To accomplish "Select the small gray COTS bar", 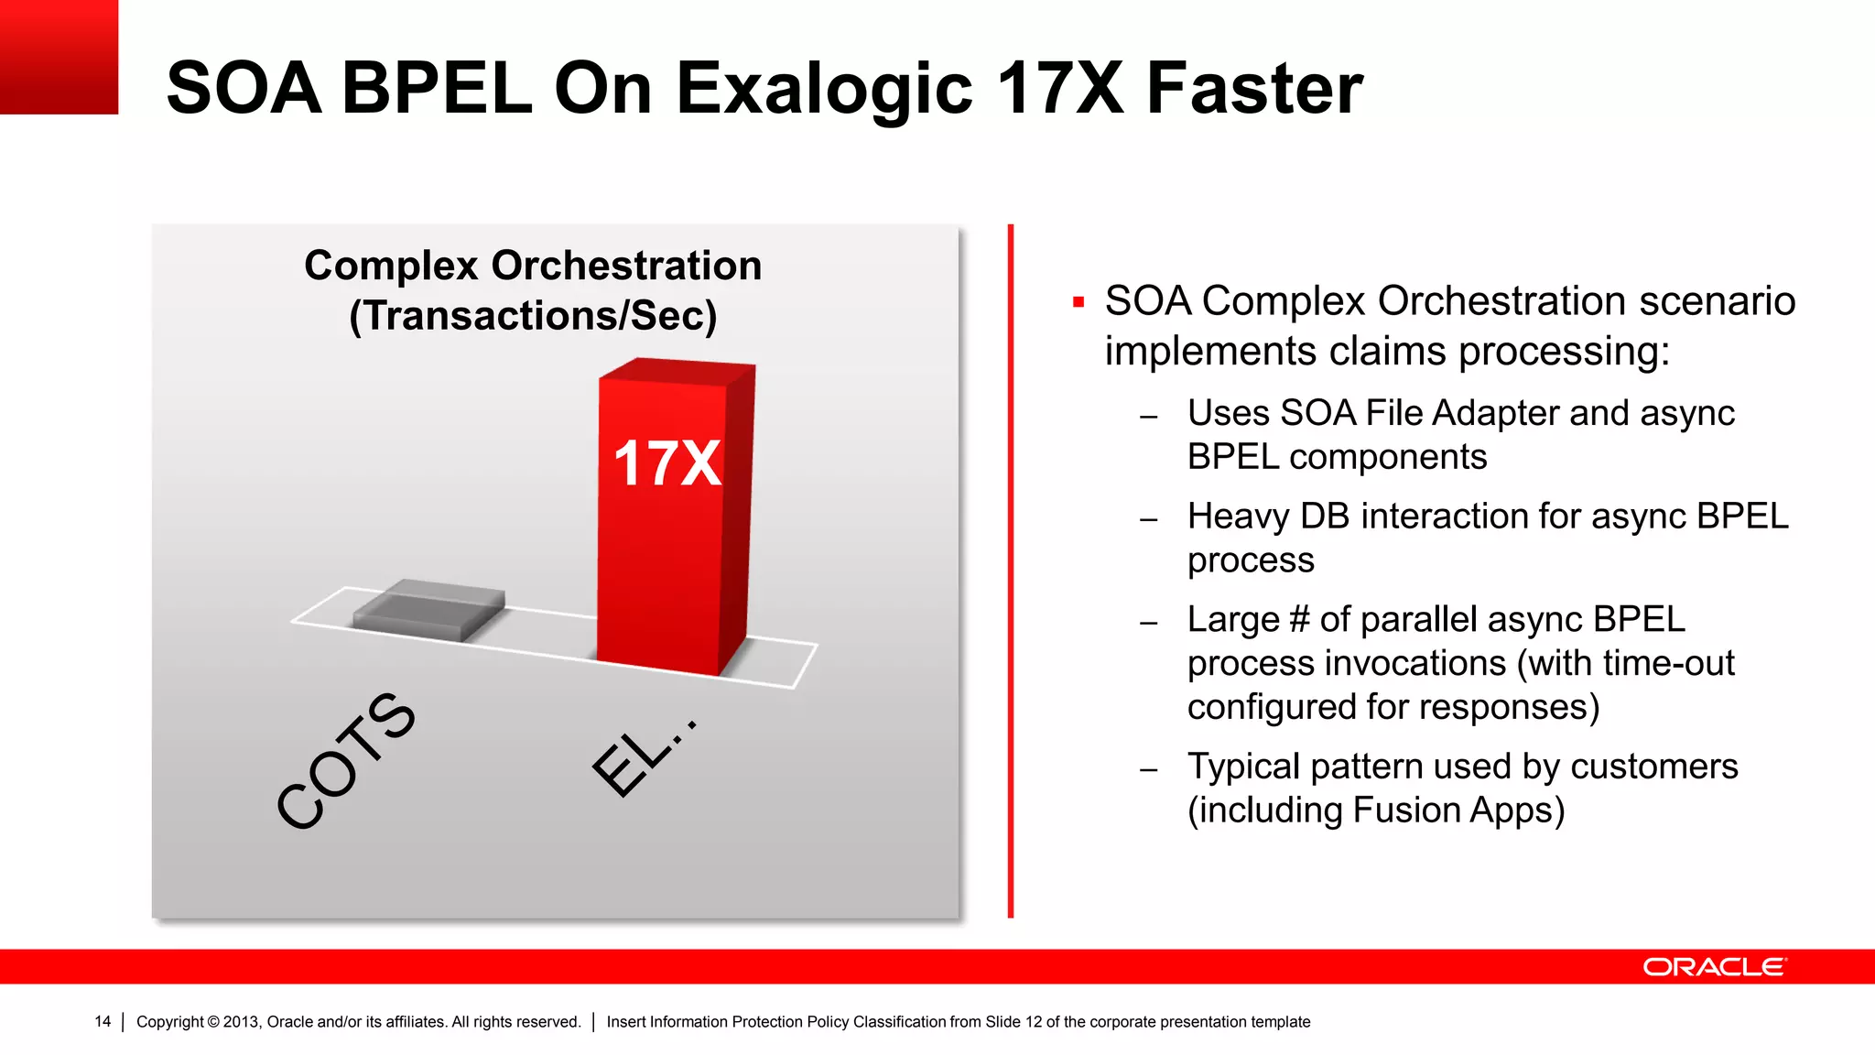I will (x=428, y=610).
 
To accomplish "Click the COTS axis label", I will (x=346, y=760).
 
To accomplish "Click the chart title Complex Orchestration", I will (x=533, y=266).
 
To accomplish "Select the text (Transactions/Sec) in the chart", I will (x=533, y=316).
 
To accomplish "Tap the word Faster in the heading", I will (x=1254, y=88).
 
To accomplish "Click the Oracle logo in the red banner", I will (x=1714, y=967).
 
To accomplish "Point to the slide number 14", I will (x=103, y=1021).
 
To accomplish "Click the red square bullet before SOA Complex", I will (x=1078, y=302).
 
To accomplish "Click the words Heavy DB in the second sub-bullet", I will (x=1268, y=517).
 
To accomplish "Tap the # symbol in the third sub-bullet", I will (x=1298, y=620).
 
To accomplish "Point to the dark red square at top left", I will (x=59, y=57).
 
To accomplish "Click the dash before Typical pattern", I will (x=1149, y=770).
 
